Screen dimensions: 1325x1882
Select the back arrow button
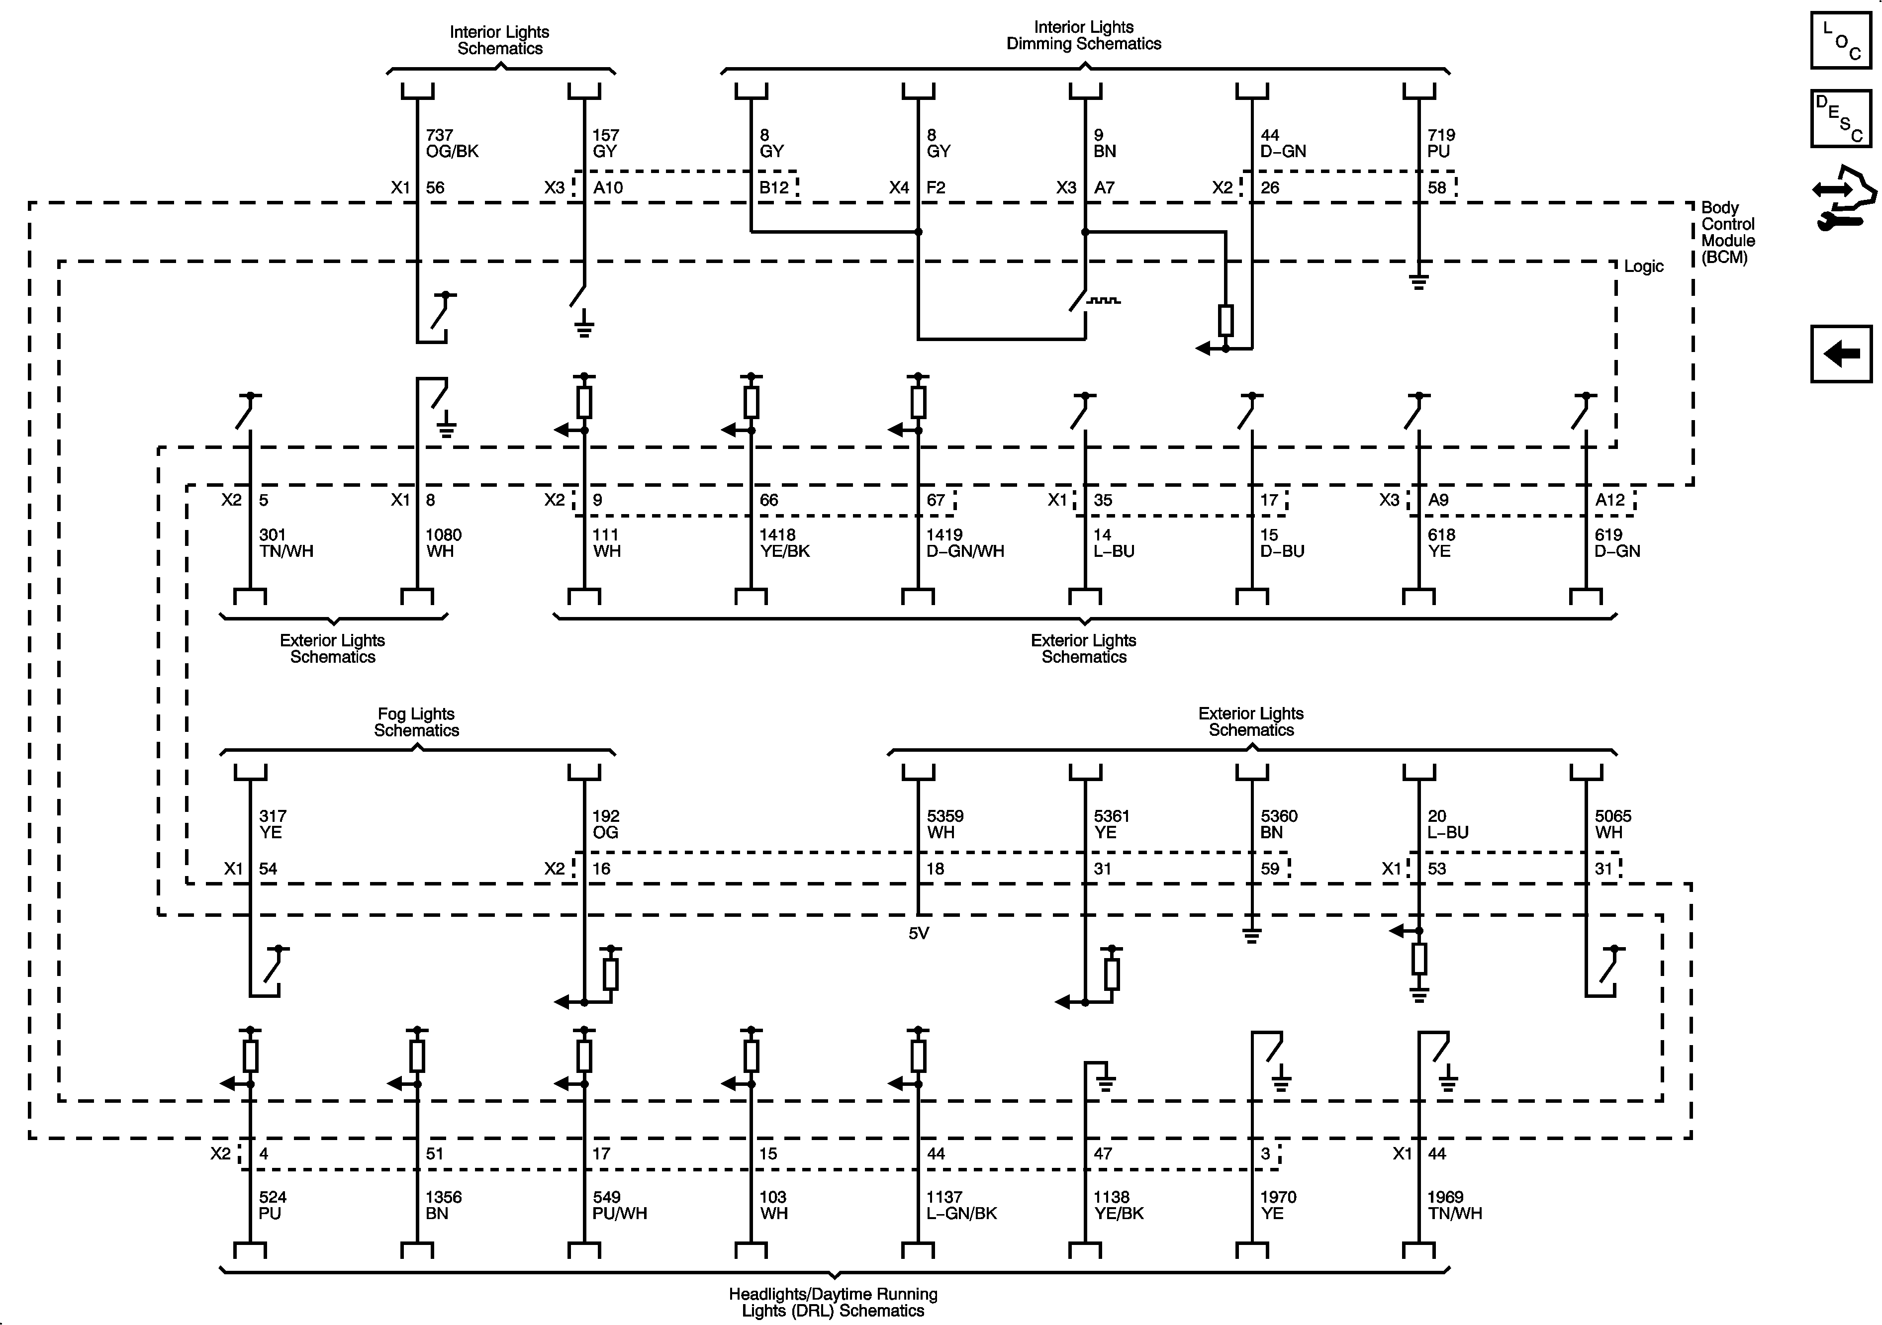point(1840,354)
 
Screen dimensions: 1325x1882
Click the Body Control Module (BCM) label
point(1727,233)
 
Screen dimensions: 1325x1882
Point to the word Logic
point(1643,266)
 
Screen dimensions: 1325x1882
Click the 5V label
point(918,933)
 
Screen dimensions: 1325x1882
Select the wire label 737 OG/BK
point(452,143)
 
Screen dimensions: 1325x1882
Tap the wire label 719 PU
point(1440,143)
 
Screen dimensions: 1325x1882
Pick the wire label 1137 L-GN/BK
point(961,1205)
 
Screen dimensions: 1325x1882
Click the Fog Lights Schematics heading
point(416,722)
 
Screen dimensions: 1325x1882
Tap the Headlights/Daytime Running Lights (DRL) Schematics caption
point(833,1302)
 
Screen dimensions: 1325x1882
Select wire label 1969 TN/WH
point(1454,1205)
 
